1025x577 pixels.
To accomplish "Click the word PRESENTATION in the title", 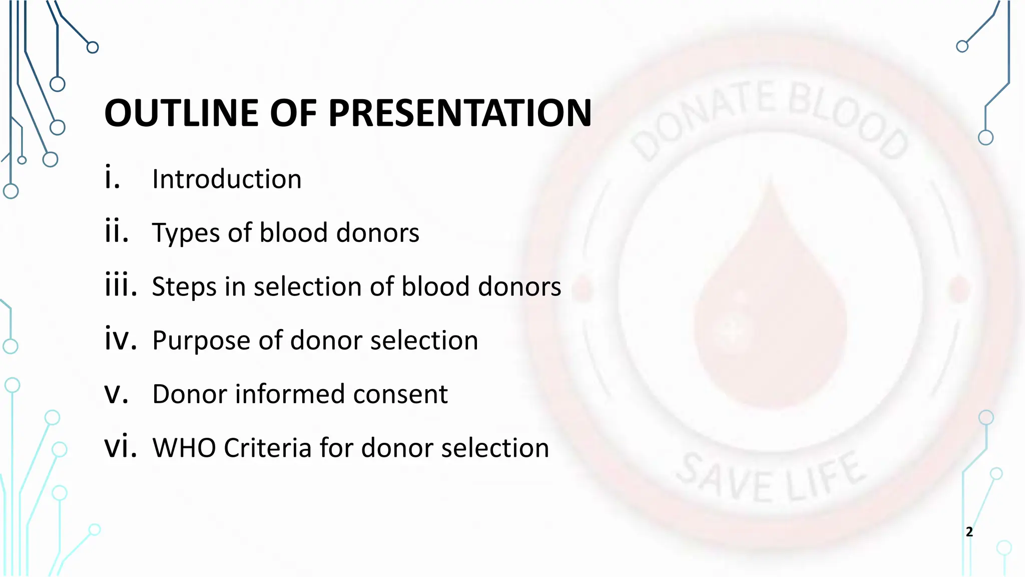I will tap(460, 113).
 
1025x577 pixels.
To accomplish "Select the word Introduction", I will tap(227, 179).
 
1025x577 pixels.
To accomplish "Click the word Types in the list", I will tap(185, 233).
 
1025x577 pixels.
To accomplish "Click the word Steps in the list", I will tap(184, 287).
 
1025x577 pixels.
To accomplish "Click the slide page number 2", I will tap(969, 532).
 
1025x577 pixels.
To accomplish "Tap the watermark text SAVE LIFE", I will tap(771, 478).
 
